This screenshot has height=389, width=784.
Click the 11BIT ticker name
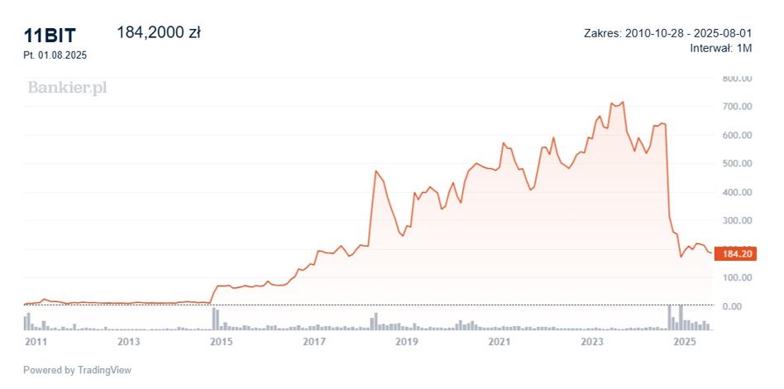(x=50, y=36)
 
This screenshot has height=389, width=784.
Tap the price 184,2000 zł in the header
(x=159, y=32)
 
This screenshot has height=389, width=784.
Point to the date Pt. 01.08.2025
(x=55, y=55)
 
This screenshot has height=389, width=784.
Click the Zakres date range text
(x=668, y=34)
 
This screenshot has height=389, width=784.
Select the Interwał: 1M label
(x=721, y=49)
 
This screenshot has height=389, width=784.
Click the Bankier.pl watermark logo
(x=67, y=88)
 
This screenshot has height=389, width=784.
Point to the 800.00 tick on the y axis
(x=738, y=79)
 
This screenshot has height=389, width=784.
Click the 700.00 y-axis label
(x=738, y=107)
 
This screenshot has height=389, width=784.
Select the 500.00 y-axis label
(x=738, y=164)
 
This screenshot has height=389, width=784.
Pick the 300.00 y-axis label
(x=738, y=221)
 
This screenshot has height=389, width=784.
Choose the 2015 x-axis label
(x=221, y=342)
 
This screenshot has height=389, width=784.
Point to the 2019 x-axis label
(x=407, y=342)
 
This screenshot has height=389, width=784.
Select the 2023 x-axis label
(x=592, y=342)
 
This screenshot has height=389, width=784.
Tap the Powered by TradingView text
(x=78, y=371)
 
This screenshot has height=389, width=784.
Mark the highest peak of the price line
(x=623, y=102)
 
